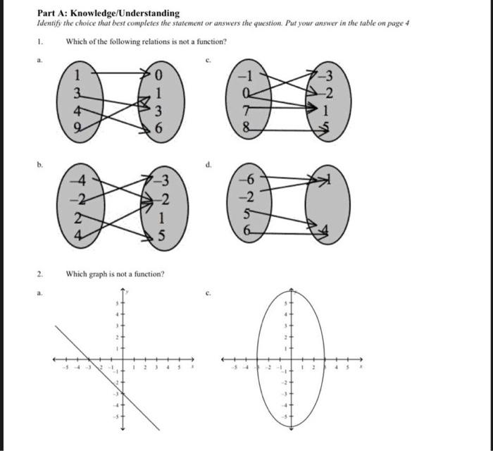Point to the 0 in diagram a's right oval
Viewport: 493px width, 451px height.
point(160,73)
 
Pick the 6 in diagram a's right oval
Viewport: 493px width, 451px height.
point(161,130)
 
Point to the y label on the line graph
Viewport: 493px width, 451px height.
point(130,291)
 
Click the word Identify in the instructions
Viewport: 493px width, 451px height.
point(51,23)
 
